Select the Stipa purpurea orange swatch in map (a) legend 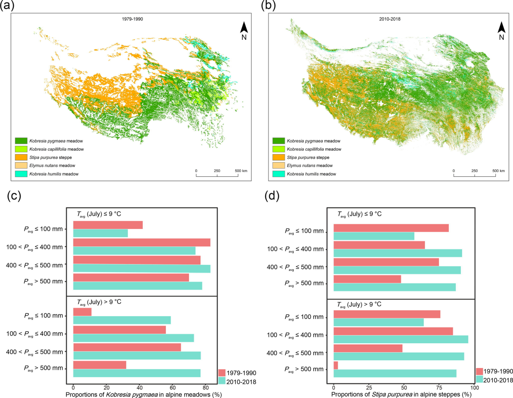(21, 157)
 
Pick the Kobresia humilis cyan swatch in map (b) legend (278, 174)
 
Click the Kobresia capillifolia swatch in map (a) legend (21, 149)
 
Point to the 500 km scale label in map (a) (241, 171)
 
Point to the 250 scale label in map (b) (474, 171)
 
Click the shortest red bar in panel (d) (336, 365)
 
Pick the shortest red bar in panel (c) (82, 312)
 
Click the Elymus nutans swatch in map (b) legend (278, 165)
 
